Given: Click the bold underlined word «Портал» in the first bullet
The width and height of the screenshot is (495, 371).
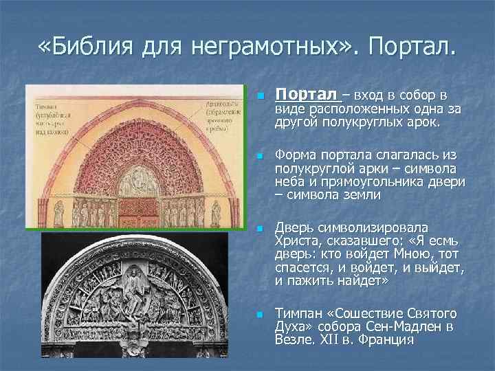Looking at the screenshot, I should coord(306,94).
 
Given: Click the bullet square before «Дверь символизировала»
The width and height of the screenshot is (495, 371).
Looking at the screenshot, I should coord(259,228).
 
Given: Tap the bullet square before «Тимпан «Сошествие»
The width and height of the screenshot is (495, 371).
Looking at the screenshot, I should coord(259,314).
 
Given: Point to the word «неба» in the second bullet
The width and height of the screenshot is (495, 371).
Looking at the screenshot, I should coord(289,182).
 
